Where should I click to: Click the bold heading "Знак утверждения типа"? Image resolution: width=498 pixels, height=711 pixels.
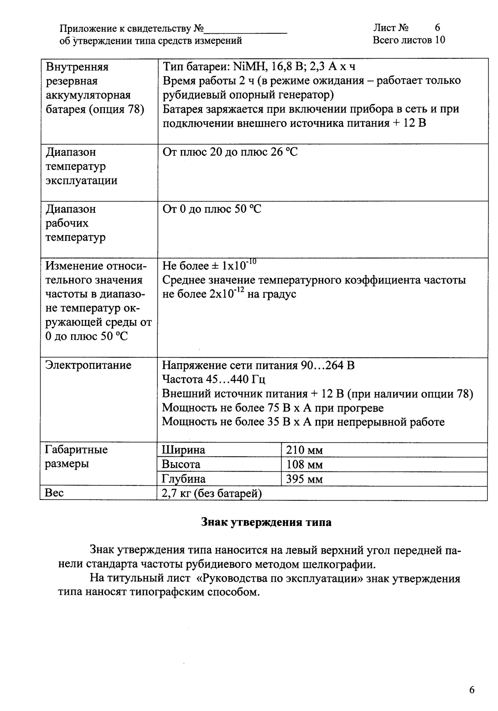[x=266, y=523]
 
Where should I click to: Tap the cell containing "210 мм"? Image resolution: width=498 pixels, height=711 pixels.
[x=304, y=451]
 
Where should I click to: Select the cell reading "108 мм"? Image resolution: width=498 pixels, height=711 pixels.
[x=304, y=465]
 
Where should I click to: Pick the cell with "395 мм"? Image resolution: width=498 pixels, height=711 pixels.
[x=304, y=479]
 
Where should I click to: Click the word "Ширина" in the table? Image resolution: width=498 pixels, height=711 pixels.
[x=184, y=450]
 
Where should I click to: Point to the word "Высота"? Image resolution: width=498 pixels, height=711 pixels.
[x=182, y=464]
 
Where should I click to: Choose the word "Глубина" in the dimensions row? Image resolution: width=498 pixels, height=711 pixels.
[x=184, y=479]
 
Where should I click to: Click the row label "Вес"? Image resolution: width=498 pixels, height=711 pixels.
[x=54, y=493]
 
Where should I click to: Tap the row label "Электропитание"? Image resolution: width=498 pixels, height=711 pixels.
[x=88, y=365]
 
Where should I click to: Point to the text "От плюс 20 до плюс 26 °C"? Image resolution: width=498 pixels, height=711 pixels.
[x=230, y=152]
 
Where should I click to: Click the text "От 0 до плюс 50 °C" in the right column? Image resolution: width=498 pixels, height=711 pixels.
[x=212, y=210]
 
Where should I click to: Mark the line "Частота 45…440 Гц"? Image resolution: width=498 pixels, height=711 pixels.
[x=213, y=380]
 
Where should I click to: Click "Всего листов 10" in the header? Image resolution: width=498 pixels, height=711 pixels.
[x=409, y=40]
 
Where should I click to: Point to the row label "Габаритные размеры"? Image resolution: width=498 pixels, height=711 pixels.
[x=76, y=457]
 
